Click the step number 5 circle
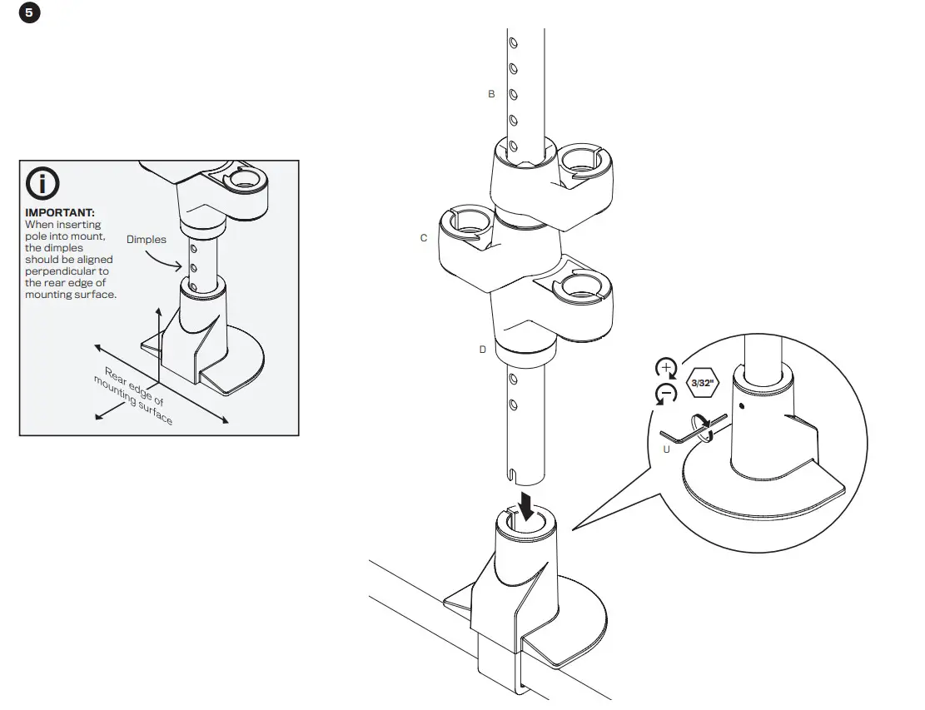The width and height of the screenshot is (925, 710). [x=29, y=13]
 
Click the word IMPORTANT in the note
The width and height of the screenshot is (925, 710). [x=59, y=213]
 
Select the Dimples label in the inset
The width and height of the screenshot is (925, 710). [x=147, y=240]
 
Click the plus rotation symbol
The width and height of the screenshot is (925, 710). [x=666, y=368]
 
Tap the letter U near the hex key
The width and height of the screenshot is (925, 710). [x=666, y=449]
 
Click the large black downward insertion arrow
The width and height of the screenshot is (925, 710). [x=527, y=504]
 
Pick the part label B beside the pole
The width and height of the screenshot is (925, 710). [x=491, y=95]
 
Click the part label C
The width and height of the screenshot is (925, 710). [x=424, y=239]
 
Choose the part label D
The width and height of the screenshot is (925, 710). [x=482, y=350]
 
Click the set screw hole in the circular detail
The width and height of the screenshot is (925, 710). [x=740, y=407]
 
